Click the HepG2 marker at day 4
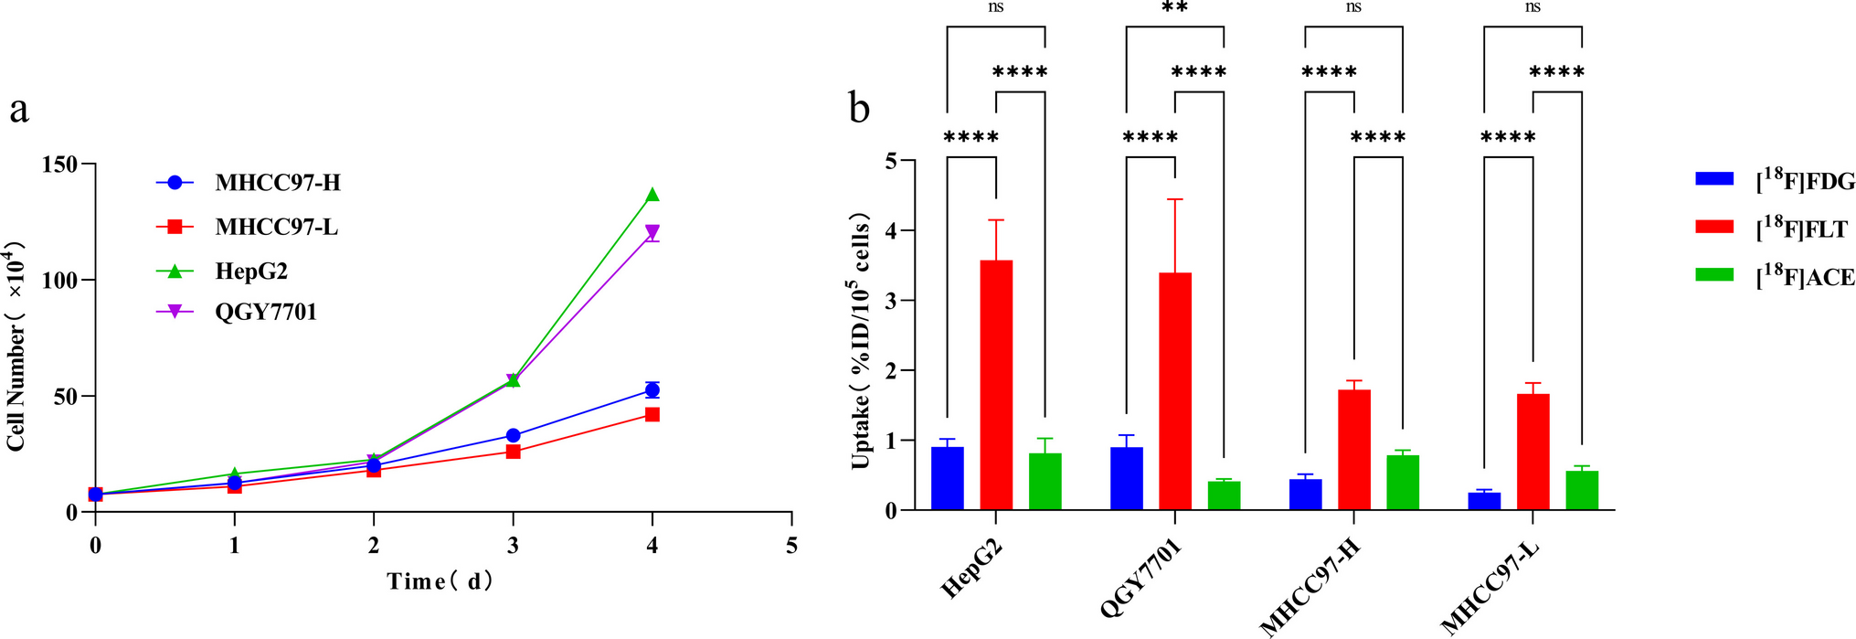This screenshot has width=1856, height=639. coord(652,195)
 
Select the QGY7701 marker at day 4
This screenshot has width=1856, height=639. coord(652,232)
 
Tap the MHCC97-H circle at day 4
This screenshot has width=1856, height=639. coord(652,390)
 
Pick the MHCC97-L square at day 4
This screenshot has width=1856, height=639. coord(652,414)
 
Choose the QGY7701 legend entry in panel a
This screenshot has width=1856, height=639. coord(265,313)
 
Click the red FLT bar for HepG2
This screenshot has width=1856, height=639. coord(996,385)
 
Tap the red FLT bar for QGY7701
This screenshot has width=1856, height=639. coord(1175,391)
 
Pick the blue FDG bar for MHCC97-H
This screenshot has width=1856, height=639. coord(1305,495)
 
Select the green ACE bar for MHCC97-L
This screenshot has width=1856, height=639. coord(1582,491)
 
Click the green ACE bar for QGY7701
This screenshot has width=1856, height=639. coord(1224,495)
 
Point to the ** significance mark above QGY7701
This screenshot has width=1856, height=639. coord(1174,9)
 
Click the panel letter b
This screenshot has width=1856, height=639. coord(860,109)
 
